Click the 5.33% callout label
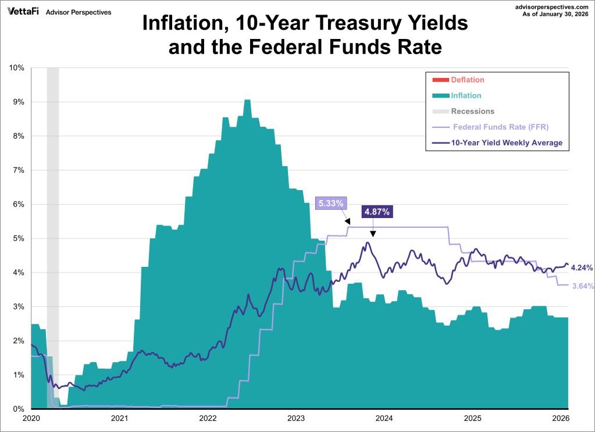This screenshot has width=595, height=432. point(331,203)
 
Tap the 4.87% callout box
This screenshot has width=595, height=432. point(377,211)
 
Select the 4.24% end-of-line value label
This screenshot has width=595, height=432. point(581,268)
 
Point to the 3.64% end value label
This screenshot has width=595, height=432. point(581,285)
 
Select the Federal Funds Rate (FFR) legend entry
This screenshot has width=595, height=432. point(500,127)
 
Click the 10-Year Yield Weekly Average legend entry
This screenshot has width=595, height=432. point(507,142)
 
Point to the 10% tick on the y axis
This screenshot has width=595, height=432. point(16,68)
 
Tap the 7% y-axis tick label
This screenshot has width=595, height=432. point(18,170)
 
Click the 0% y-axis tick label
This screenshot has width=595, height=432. point(18,409)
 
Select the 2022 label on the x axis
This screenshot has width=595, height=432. point(208,419)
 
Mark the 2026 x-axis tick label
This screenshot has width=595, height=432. point(561,419)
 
